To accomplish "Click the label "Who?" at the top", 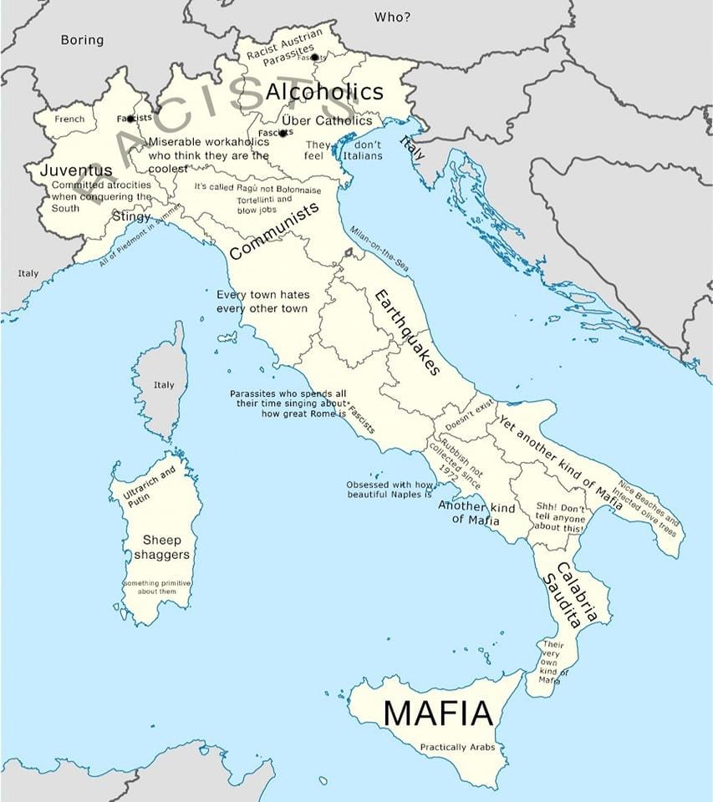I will pyautogui.click(x=392, y=17).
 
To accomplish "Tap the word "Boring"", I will pyautogui.click(x=82, y=40).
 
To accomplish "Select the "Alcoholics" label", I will pyautogui.click(x=324, y=92).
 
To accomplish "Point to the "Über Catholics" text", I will pyautogui.click(x=327, y=121).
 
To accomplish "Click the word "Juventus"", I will pyautogui.click(x=76, y=170).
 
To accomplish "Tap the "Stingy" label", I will pyautogui.click(x=131, y=217).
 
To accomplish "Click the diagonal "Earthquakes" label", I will pyautogui.click(x=406, y=332).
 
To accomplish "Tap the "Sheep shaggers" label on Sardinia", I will pyautogui.click(x=161, y=547).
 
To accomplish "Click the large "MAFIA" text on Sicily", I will pyautogui.click(x=437, y=713).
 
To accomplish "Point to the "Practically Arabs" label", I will pyautogui.click(x=456, y=747).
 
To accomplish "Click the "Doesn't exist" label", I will pyautogui.click(x=469, y=413).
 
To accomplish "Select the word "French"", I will pyautogui.click(x=69, y=119).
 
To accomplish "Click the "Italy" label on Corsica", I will pyautogui.click(x=164, y=385).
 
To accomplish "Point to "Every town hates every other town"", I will pyautogui.click(x=262, y=302).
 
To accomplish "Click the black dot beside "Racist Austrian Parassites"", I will pyautogui.click(x=315, y=58).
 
